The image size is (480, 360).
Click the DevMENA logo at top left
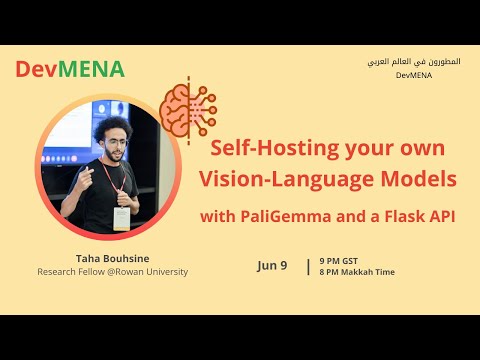tap(70, 69)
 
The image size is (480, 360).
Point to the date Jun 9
tap(271, 265)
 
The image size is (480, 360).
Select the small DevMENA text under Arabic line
tap(414, 75)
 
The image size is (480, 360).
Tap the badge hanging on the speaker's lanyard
tap(121, 218)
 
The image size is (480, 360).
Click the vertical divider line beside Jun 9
tap(307, 266)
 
